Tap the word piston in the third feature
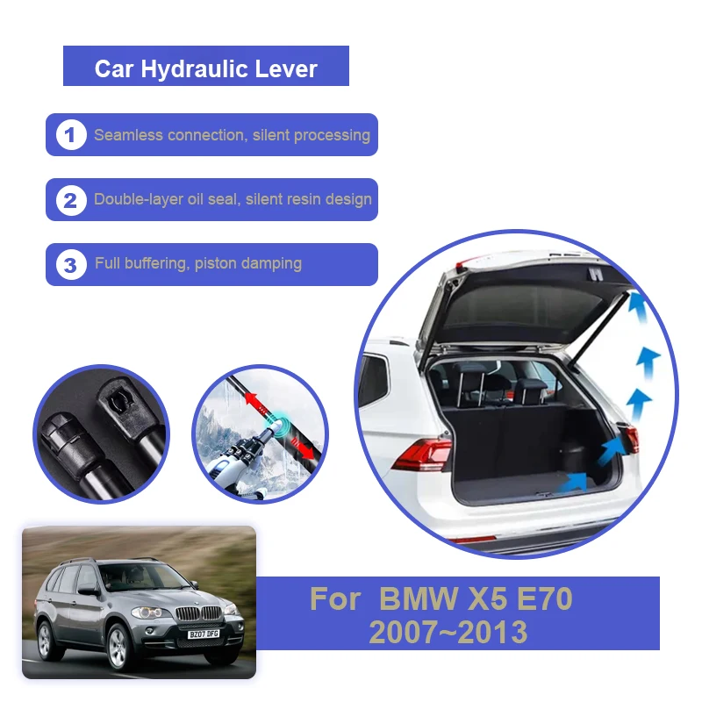pos(214,263)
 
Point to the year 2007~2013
pos(448,631)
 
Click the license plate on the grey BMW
pos(202,634)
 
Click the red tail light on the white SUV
pos(423,454)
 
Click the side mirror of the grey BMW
pos(89,591)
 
